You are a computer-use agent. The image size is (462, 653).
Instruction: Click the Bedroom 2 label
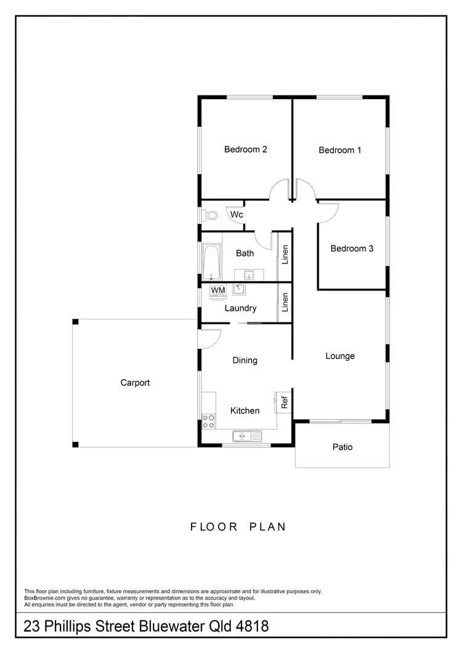pos(245,149)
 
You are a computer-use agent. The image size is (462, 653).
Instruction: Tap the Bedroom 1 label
pos(340,150)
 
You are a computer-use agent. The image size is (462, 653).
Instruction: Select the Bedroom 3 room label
pos(352,249)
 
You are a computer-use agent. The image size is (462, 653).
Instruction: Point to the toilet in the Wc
pos(210,215)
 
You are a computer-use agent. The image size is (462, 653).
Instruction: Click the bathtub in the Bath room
pos(211,261)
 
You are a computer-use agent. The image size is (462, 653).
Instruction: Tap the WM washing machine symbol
pos(217,290)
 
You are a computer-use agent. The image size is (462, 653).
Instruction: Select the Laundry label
pos(240,308)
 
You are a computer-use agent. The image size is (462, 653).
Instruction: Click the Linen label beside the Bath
pos(285,255)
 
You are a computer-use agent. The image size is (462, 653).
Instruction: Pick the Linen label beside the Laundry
pos(285,302)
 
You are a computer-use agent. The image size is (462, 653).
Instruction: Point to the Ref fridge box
pos(284,403)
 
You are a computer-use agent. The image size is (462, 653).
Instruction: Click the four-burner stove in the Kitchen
pos(209,421)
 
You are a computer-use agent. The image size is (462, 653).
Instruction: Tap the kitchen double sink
pos(248,436)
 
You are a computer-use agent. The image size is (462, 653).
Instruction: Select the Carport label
pos(135,383)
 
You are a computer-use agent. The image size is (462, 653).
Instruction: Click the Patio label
pos(342,447)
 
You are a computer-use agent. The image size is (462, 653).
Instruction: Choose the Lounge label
pos(340,356)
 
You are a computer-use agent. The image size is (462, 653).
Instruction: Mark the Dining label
pos(245,360)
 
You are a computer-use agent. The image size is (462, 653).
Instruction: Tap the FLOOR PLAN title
pos(238,527)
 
